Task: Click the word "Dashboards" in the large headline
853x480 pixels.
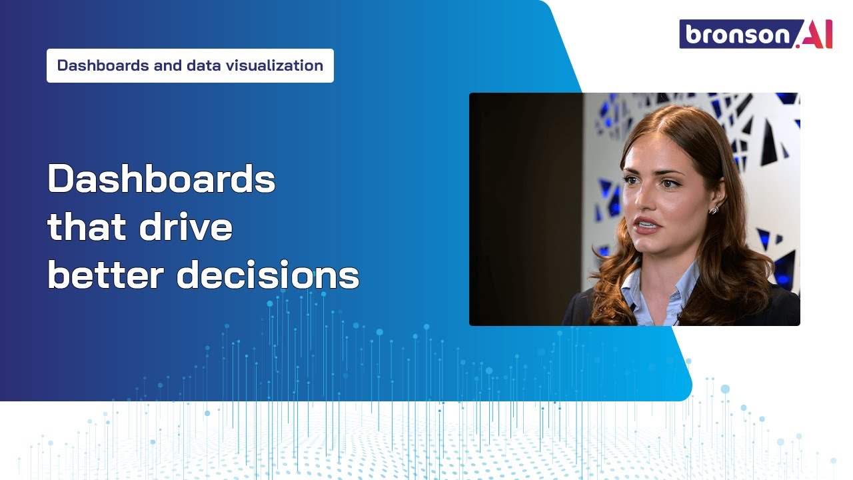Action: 161,179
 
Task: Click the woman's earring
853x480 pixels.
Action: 714,209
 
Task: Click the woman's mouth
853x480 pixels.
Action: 645,226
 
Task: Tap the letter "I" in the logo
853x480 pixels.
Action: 827,35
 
